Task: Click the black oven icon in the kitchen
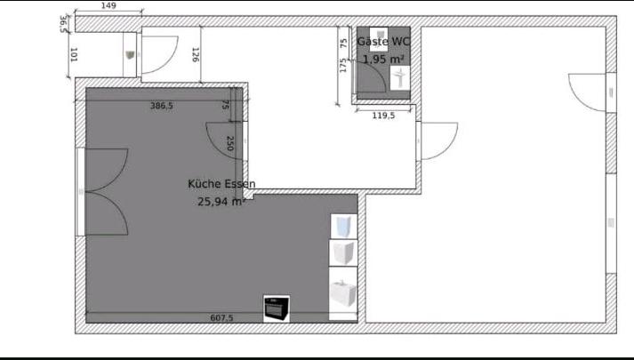click(277, 308)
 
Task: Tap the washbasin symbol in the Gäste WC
click(400, 78)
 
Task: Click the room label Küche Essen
click(221, 184)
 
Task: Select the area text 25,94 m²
click(221, 202)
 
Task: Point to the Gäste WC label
click(383, 42)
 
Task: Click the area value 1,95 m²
click(383, 60)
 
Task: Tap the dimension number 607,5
click(221, 317)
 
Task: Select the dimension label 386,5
click(162, 106)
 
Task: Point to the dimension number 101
click(74, 55)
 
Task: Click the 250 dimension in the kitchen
click(229, 142)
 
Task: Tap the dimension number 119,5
click(383, 115)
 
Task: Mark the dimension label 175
click(343, 66)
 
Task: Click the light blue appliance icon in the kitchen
click(343, 227)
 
